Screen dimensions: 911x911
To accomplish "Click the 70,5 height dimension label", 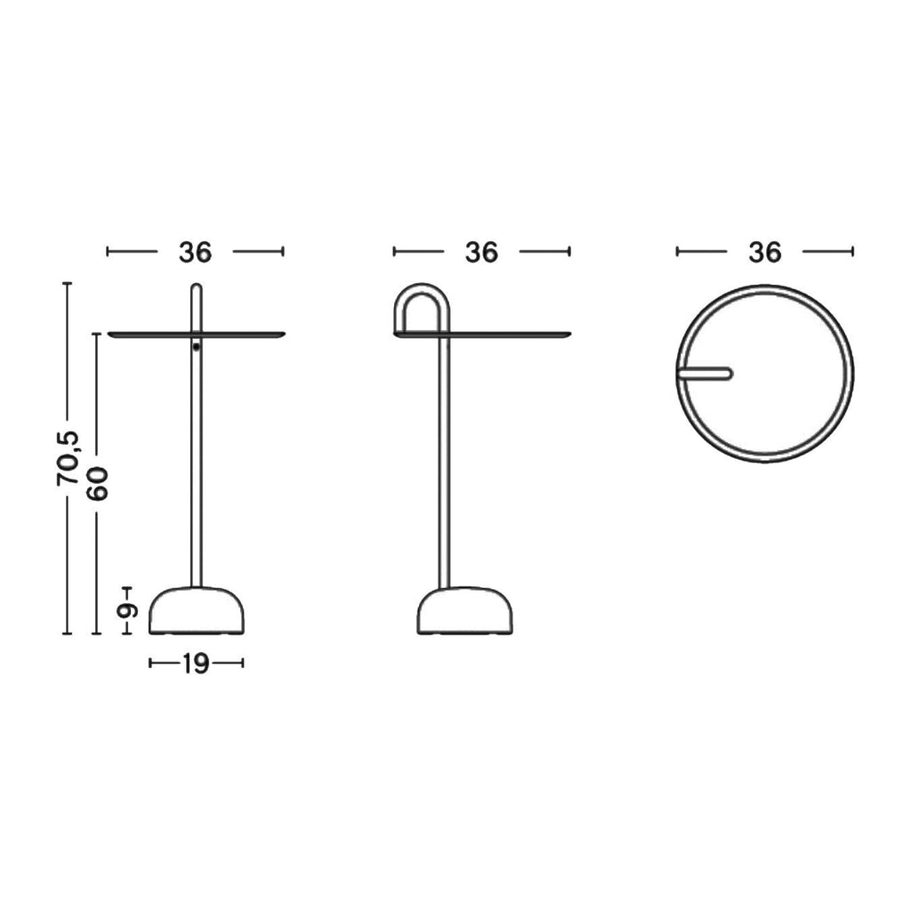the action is pos(68,459).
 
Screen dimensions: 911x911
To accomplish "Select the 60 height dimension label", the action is pos(96,483).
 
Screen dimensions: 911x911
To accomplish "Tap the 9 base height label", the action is pos(126,610).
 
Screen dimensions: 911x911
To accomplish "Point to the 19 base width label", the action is pos(196,664).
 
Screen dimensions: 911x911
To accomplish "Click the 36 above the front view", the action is pos(195,252).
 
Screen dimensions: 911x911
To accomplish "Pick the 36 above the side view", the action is pos(481,252).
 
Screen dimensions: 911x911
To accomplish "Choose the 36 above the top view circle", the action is pos(764,252).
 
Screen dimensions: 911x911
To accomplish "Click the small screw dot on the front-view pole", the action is pos(197,348).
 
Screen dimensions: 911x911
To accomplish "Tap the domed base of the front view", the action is pos(197,610).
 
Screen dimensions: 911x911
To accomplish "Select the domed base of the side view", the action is pos(464,610).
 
